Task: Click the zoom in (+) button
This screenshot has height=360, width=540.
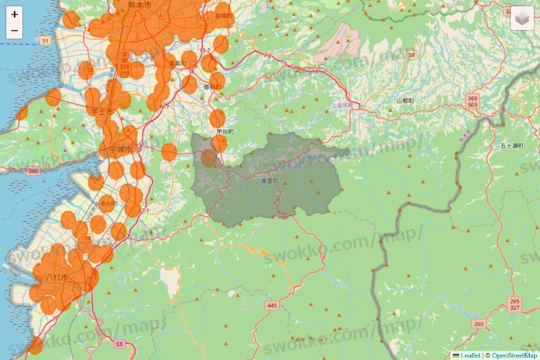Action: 15,15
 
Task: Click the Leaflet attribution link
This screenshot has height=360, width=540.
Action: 470,355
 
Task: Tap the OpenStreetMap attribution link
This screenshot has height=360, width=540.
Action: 515,355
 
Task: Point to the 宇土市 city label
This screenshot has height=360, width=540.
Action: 102,112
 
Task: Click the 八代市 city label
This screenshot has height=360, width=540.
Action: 58,277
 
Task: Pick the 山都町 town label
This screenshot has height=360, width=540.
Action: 405,101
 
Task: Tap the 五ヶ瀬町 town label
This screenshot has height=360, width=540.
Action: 511,146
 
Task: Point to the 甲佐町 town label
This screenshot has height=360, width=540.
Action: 225,132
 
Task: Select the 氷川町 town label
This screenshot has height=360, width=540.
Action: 107,204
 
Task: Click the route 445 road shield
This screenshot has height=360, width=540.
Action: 272,306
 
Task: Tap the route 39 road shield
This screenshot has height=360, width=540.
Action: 411,56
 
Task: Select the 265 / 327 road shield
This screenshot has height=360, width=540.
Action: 515,304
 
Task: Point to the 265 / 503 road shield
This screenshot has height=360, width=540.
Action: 472,102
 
